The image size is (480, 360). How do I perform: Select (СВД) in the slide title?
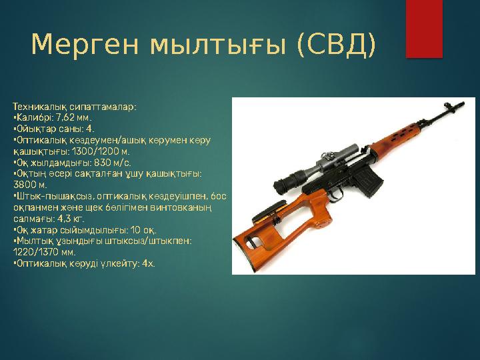pyautogui.click(x=336, y=45)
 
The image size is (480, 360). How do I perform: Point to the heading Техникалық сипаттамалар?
pyautogui.click(x=75, y=106)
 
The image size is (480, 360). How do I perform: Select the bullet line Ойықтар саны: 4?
pyautogui.click(x=53, y=129)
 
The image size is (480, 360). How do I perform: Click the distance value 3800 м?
pyautogui.click(x=29, y=185)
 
